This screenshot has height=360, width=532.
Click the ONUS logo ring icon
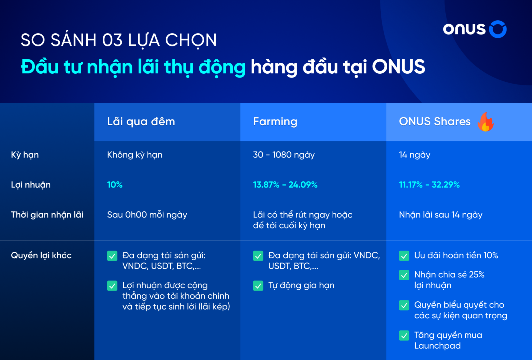498,29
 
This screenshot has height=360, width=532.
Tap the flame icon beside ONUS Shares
486,122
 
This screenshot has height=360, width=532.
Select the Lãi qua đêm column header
141,122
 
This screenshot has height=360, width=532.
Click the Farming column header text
275,122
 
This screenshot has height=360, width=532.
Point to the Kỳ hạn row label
25,155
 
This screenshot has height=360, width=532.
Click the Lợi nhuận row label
31,185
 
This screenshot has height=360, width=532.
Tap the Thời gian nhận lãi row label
47,215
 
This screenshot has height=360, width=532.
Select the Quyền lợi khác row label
41,256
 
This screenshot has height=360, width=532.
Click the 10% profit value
115,185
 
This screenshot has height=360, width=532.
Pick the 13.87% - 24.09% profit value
285,185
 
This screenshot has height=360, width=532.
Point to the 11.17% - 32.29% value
429,185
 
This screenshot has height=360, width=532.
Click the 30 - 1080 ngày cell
284,155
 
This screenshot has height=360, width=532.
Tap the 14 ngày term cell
414,155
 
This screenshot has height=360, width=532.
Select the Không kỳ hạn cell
135,155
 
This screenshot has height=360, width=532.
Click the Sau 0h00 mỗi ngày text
147,215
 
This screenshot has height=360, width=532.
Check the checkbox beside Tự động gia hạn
258,286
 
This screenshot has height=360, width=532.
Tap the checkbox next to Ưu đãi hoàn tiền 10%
404,256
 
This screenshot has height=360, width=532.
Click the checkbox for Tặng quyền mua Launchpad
404,335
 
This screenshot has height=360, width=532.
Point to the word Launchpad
437,346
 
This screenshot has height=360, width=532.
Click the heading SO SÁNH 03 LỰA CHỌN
119,40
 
